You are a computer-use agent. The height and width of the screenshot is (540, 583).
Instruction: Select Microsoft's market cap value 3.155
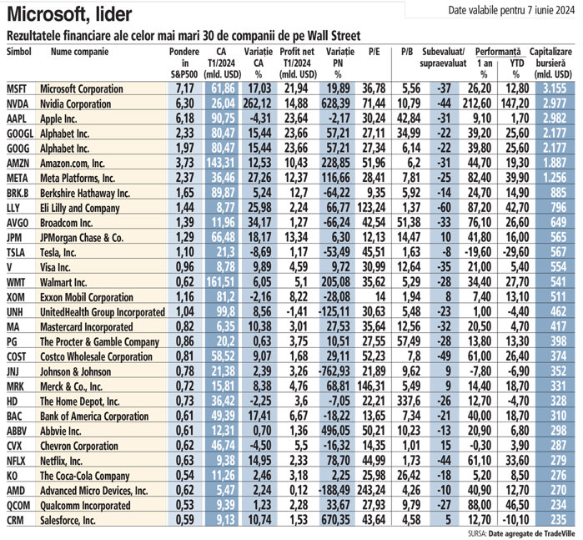tap(557, 88)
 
